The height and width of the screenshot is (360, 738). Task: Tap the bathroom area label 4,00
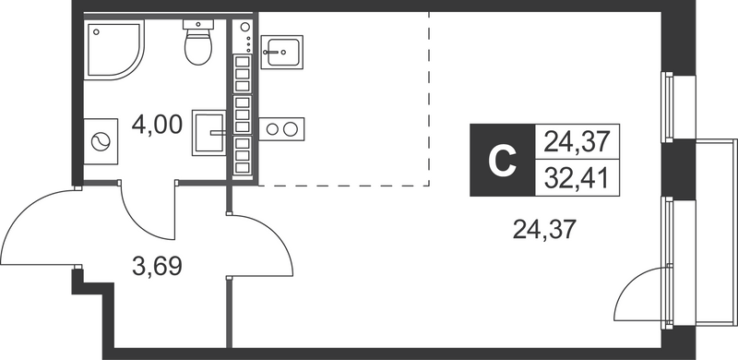pyautogui.click(x=156, y=124)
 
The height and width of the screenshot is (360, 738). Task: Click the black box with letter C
pyautogui.click(x=500, y=162)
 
